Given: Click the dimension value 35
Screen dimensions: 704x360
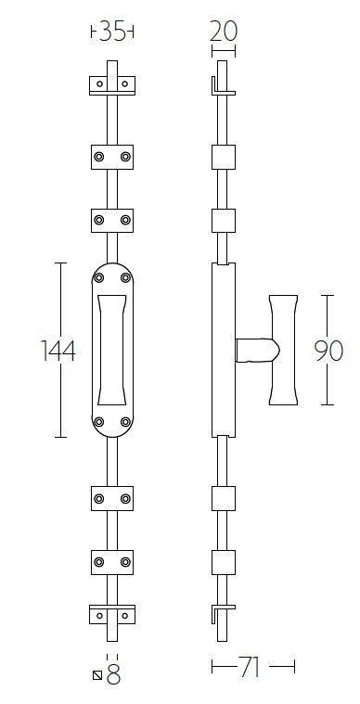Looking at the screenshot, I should pyautogui.click(x=112, y=32).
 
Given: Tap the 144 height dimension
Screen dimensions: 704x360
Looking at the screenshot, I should pyautogui.click(x=57, y=351).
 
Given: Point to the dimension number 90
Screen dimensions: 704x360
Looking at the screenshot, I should pyautogui.click(x=328, y=351).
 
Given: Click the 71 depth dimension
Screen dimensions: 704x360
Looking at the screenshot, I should pyautogui.click(x=250, y=667).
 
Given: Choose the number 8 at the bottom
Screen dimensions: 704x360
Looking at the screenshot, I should pyautogui.click(x=114, y=675).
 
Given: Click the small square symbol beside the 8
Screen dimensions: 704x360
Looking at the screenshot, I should pyautogui.click(x=97, y=675).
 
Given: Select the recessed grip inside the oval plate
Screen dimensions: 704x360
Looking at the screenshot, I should pyautogui.click(x=112, y=350).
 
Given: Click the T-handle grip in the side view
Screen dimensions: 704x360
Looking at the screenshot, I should pyautogui.click(x=285, y=350).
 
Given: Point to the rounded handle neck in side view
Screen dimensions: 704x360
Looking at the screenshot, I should pyautogui.click(x=254, y=350).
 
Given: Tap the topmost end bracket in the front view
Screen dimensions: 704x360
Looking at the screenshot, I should pyautogui.click(x=112, y=85).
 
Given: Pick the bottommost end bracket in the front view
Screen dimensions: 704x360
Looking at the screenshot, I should pyautogui.click(x=112, y=614).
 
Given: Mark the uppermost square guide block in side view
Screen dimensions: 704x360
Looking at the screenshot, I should pyautogui.click(x=223, y=156).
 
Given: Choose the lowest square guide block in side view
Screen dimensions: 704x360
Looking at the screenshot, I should pyautogui.click(x=223, y=562).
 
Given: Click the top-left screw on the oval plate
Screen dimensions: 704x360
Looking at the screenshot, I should pyautogui.click(x=100, y=276).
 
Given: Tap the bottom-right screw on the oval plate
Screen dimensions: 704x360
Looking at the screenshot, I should pyautogui.click(x=124, y=424).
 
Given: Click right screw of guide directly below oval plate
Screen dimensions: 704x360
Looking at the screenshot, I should pyautogui.click(x=125, y=499).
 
